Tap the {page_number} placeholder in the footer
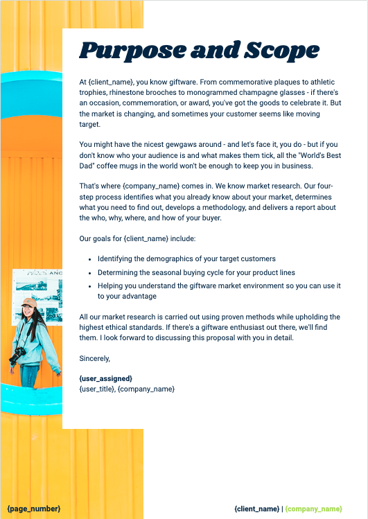click(33, 509)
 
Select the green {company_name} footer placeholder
click(314, 509)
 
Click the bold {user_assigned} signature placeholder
click(106, 378)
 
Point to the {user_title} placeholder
click(96, 389)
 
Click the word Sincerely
click(95, 358)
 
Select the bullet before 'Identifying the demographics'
click(90, 258)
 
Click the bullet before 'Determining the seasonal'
click(90, 272)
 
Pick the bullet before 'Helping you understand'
click(90, 285)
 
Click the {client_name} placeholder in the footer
click(256, 509)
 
